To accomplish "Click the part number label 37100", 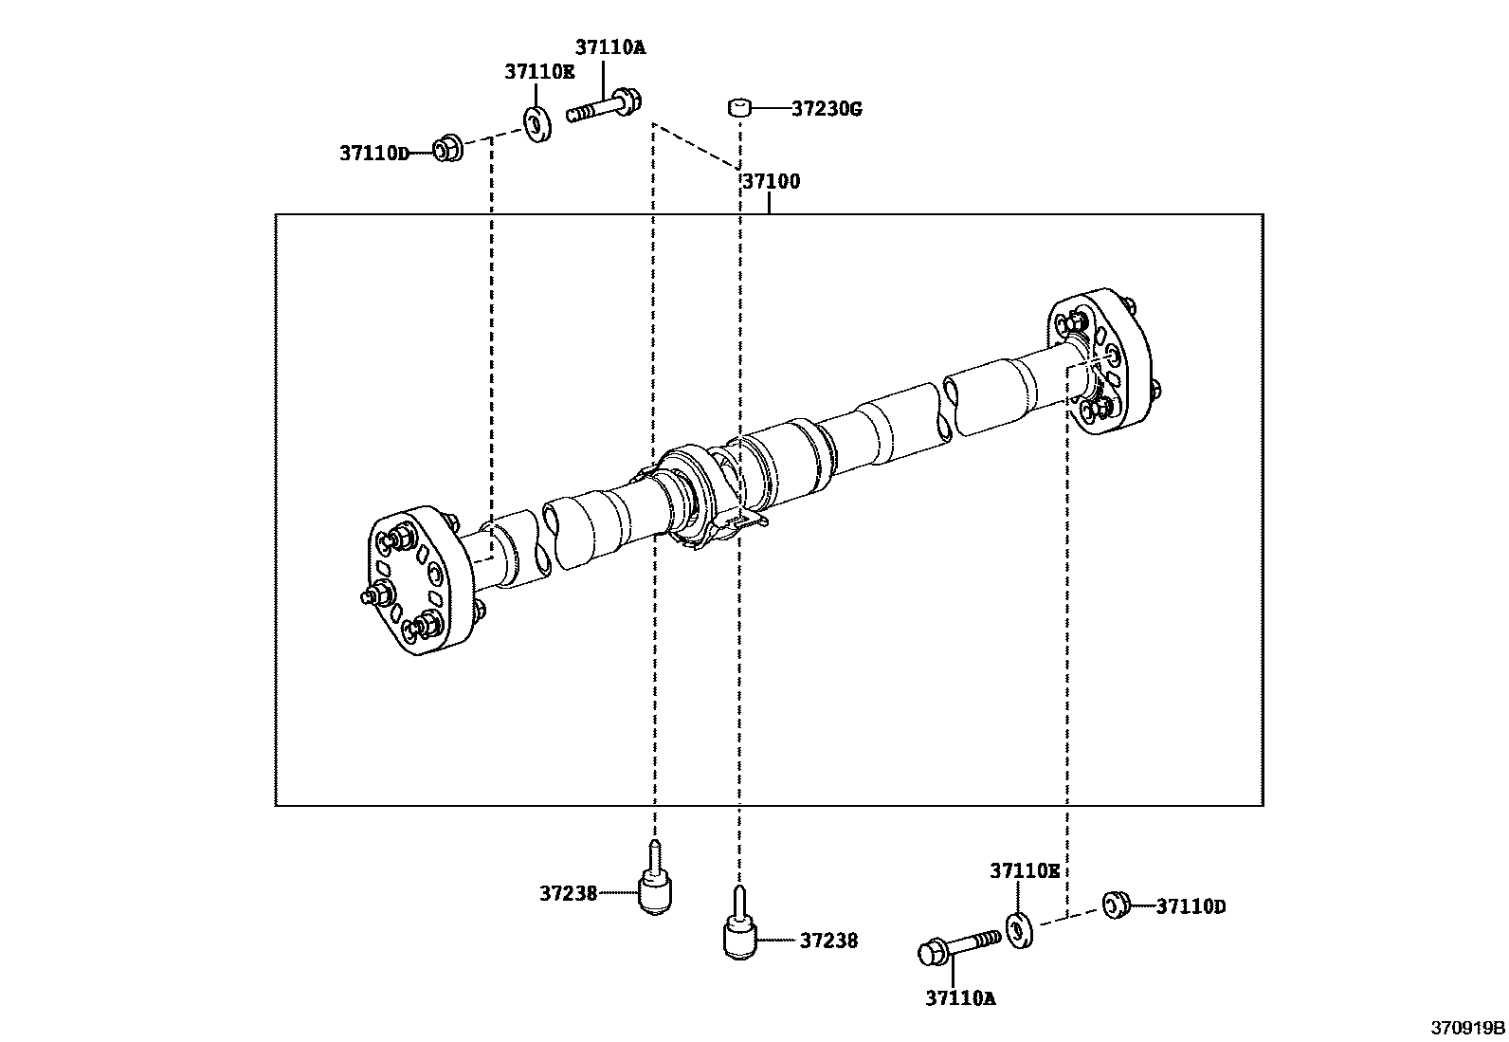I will pyautogui.click(x=771, y=181).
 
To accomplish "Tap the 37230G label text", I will pyautogui.click(x=827, y=109).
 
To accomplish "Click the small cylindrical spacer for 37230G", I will pyautogui.click(x=739, y=107).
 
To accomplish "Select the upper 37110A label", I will pyautogui.click(x=609, y=47).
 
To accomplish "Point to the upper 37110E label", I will pyautogui.click(x=538, y=71).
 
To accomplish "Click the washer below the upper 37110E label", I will pyautogui.click(x=538, y=125).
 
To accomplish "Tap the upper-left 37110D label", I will pyautogui.click(x=373, y=153).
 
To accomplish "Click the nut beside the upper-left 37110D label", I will pyautogui.click(x=446, y=149).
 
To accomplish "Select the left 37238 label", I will pyautogui.click(x=569, y=892).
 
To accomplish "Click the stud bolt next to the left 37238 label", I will pyautogui.click(x=654, y=882).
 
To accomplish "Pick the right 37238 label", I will pyautogui.click(x=828, y=941).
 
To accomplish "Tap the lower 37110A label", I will pyautogui.click(x=960, y=997).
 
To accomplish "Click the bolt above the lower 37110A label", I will pyautogui.click(x=957, y=945).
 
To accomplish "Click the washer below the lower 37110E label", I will pyautogui.click(x=1019, y=927).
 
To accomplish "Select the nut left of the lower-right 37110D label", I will pyautogui.click(x=1115, y=905).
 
